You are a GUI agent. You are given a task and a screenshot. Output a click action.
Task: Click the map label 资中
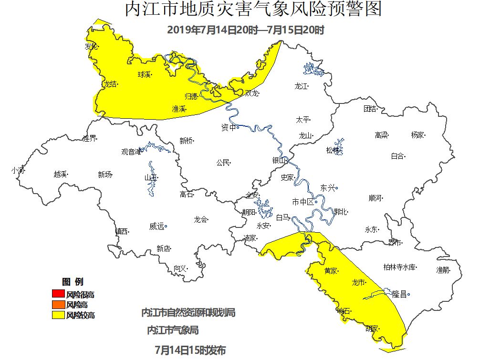(229, 127)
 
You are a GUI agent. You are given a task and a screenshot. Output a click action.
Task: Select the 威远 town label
(157, 226)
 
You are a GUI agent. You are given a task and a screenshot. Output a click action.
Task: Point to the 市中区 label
(303, 202)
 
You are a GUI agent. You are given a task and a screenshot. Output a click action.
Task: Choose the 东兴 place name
(328, 188)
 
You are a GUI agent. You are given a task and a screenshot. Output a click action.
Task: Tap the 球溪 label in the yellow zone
(145, 74)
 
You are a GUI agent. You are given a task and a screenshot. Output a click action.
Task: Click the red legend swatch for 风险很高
(57, 294)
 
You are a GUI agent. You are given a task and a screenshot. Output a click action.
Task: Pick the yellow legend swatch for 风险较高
(57, 315)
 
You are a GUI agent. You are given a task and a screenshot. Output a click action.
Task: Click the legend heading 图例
(73, 282)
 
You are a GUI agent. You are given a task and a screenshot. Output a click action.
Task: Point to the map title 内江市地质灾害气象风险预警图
(253, 10)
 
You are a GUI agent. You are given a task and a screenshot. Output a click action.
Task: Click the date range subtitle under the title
(246, 30)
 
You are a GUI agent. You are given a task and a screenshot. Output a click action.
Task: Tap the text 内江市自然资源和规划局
(188, 313)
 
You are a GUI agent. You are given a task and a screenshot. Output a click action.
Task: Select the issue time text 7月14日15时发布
(190, 350)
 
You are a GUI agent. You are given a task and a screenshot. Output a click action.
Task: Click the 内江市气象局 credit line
(173, 330)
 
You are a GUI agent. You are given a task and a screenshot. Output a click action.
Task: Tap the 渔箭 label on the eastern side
(442, 270)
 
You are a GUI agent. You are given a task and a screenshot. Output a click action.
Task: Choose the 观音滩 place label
(131, 152)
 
